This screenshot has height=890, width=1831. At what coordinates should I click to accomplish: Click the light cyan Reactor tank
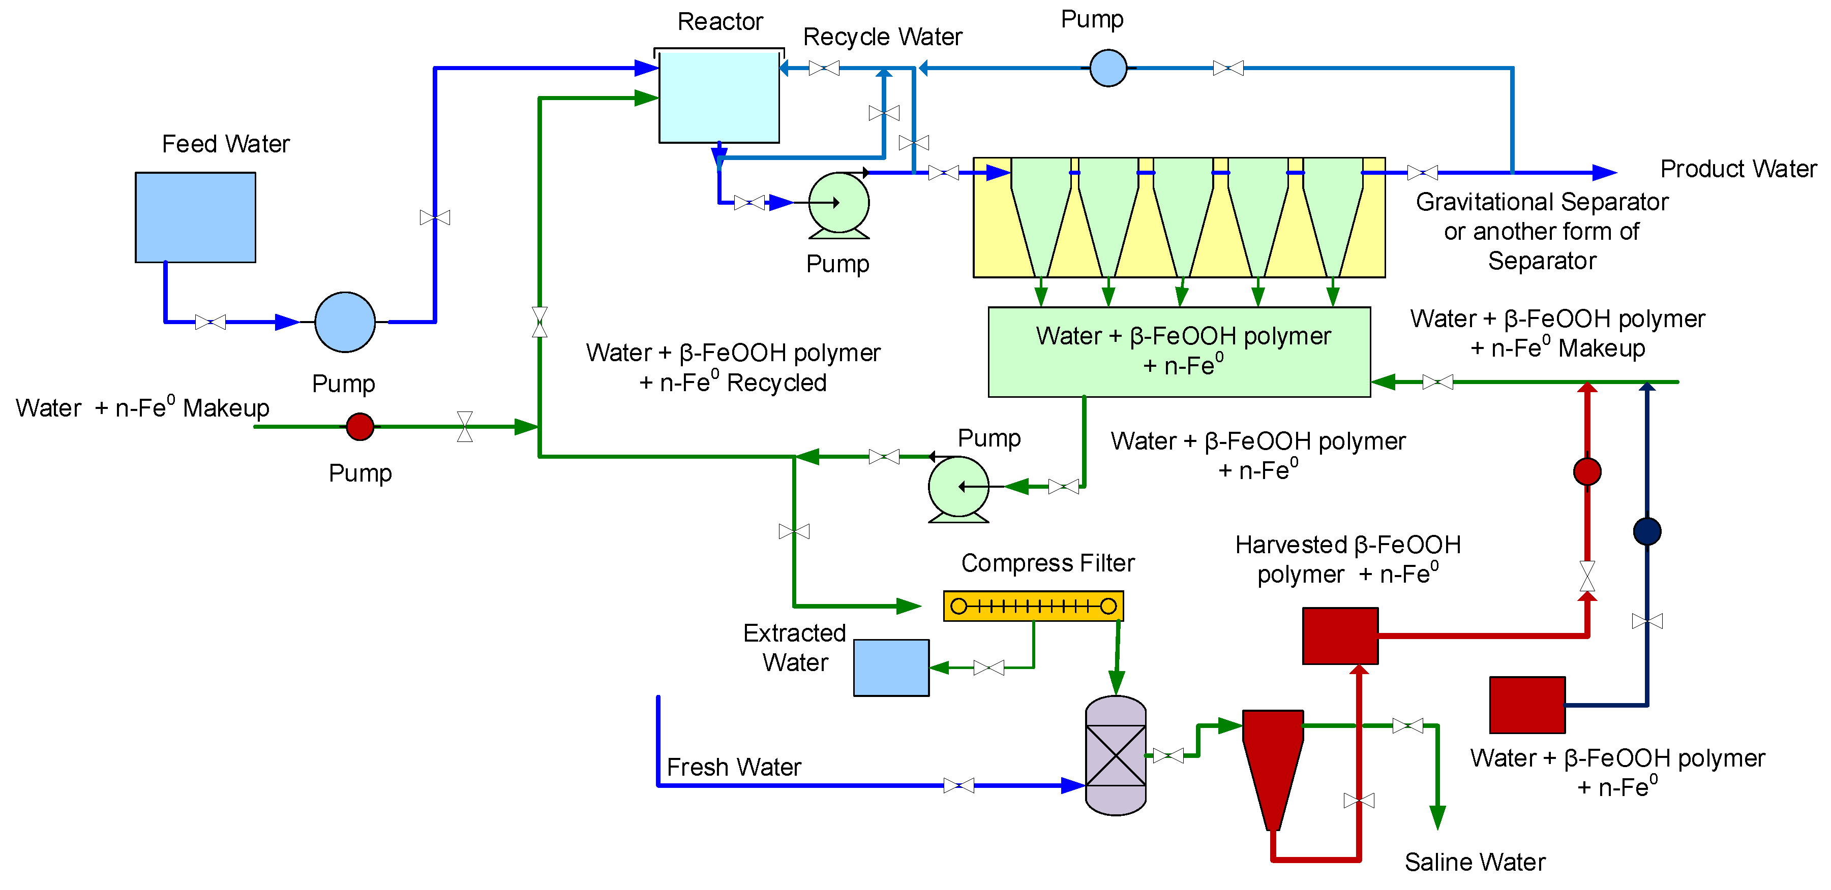tap(718, 98)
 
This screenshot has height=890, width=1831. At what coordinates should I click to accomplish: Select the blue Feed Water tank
tap(195, 217)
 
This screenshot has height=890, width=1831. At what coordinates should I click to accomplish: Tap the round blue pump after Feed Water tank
tap(345, 322)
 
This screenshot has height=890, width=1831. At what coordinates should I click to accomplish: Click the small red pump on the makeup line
tap(359, 426)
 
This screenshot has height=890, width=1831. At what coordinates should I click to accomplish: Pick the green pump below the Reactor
tap(839, 203)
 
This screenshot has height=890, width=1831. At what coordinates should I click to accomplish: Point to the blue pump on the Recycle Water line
tap(1108, 68)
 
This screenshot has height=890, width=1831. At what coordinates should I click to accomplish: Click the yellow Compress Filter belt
tap(1033, 606)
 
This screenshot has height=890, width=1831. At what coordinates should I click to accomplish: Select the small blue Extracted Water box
tap(891, 667)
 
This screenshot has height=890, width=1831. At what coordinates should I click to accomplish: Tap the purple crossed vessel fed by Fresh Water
tap(1115, 755)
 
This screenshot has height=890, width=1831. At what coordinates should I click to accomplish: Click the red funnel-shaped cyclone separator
tap(1272, 760)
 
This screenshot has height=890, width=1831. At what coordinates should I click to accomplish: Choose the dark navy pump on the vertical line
tap(1647, 530)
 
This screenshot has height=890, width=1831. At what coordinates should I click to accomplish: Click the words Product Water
tap(1738, 169)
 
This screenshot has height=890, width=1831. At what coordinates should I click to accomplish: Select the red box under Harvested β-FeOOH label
tap(1340, 635)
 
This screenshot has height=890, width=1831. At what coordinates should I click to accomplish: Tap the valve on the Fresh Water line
tap(958, 785)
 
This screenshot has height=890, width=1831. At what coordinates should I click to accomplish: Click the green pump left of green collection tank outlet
tap(958, 487)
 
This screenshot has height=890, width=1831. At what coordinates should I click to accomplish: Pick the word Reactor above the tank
tap(719, 21)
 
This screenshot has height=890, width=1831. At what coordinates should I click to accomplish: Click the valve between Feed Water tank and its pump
tap(211, 322)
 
